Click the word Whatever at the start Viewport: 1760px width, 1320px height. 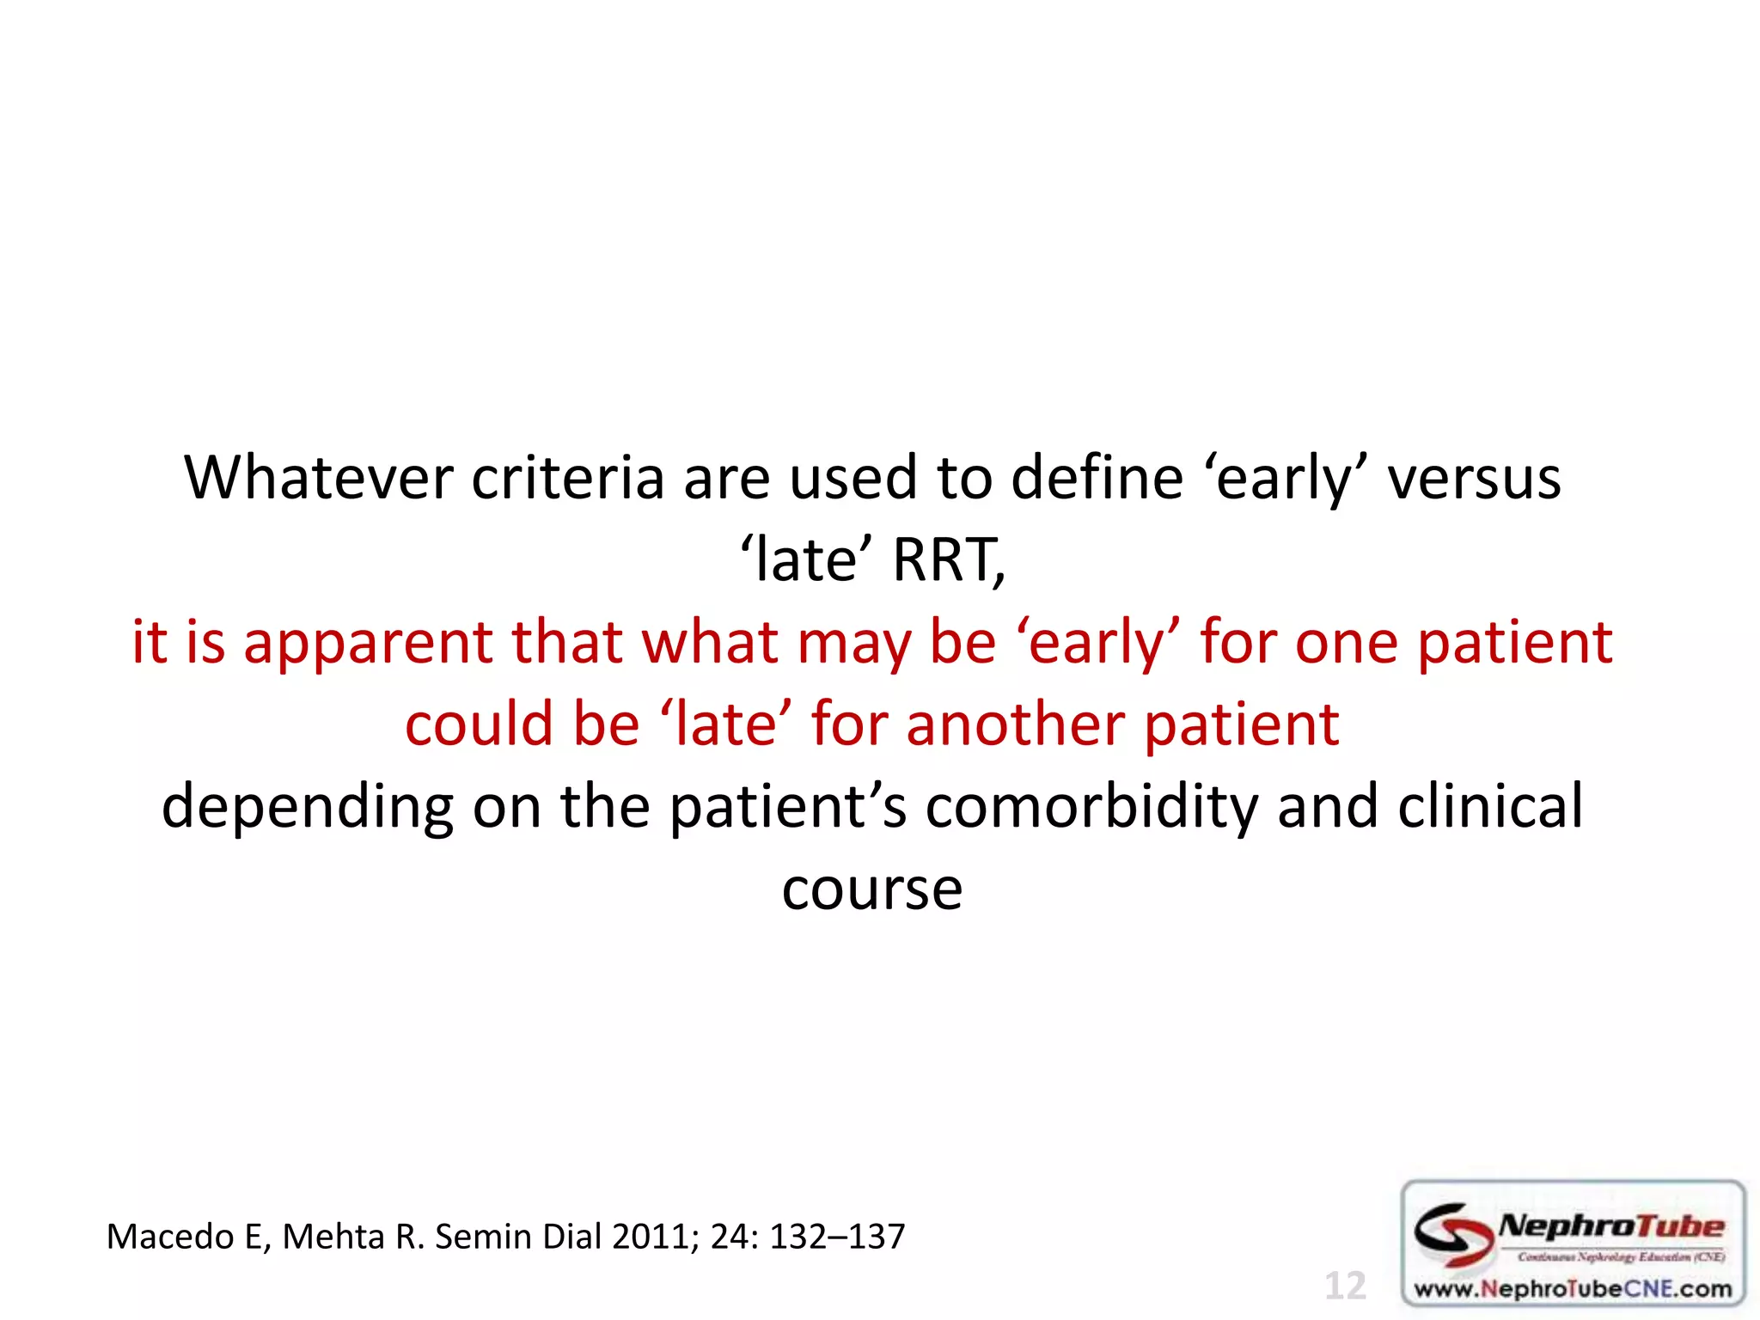click(x=318, y=478)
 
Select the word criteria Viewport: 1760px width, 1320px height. click(x=567, y=478)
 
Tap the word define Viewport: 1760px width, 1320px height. click(x=1097, y=478)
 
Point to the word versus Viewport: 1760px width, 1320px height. click(x=1474, y=478)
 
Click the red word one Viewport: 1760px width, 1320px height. click(x=1346, y=643)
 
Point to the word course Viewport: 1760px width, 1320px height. click(x=871, y=889)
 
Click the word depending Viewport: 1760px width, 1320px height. click(x=307, y=807)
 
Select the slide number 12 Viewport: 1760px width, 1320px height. click(x=1345, y=1286)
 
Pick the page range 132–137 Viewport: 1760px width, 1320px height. click(x=836, y=1237)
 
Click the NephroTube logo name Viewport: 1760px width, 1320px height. click(x=1610, y=1226)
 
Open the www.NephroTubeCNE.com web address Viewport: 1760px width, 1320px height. click(x=1573, y=1288)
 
